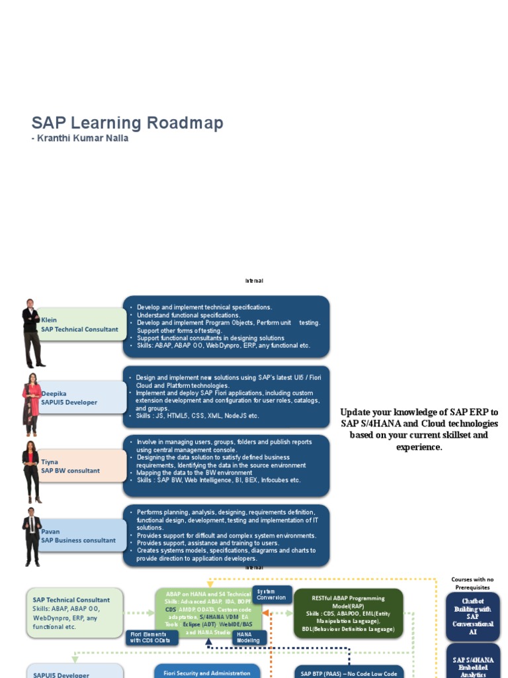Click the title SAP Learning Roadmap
pyautogui.click(x=127, y=123)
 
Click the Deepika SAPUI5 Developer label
pyautogui.click(x=73, y=397)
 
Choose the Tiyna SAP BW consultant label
pyautogui.click(x=73, y=466)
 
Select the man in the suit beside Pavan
pyautogui.click(x=32, y=536)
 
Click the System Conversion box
pyautogui.click(x=271, y=595)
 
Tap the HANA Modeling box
pyautogui.click(x=249, y=638)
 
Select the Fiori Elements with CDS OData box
pyautogui.click(x=152, y=638)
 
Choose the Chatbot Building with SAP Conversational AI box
pyautogui.click(x=473, y=616)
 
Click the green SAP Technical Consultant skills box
pyautogui.click(x=74, y=612)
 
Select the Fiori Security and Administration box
pyautogui.click(x=207, y=673)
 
